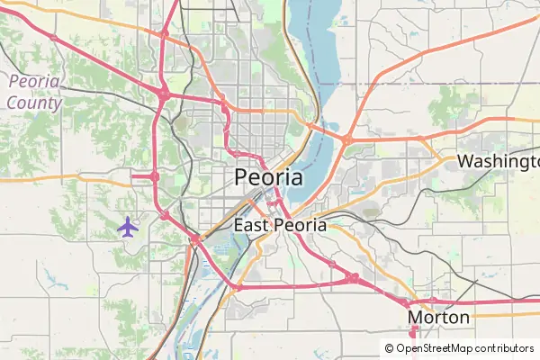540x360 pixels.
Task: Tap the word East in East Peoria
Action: tap(250, 225)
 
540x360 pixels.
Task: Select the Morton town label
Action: tap(438, 318)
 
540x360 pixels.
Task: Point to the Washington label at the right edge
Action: tap(498, 161)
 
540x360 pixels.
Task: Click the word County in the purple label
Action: tap(33, 103)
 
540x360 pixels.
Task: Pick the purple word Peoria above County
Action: tap(34, 82)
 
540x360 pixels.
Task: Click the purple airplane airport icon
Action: tap(129, 226)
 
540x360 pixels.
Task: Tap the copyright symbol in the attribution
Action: tap(389, 348)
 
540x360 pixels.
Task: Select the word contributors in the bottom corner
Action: tap(505, 348)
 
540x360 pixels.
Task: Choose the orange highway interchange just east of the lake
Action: tap(346, 139)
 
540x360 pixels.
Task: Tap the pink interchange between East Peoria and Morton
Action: tap(355, 278)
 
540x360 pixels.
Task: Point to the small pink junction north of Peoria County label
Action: tap(53, 38)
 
